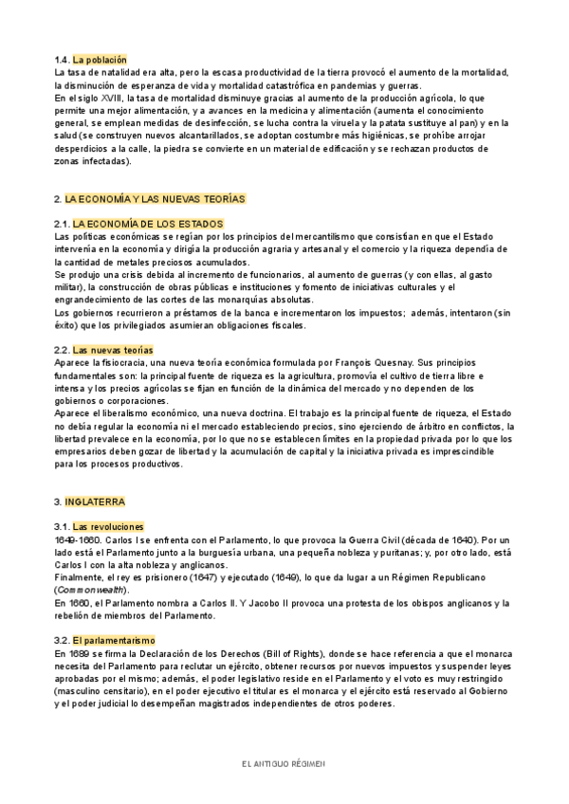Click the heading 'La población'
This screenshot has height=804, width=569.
pyautogui.click(x=99, y=60)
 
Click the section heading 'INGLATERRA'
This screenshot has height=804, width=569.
pyautogui.click(x=95, y=501)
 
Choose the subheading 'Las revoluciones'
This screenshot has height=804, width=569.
pyautogui.click(x=108, y=525)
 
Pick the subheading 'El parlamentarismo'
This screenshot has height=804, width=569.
pyautogui.click(x=114, y=614)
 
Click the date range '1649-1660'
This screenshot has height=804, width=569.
pyautogui.click(x=76, y=539)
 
